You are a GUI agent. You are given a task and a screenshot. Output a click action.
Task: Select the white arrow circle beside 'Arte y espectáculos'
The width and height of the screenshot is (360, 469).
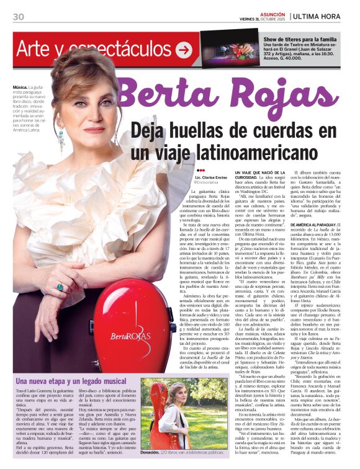tap(183, 49)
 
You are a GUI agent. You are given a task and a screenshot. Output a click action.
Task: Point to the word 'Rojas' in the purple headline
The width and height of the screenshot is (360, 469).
tap(283, 94)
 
